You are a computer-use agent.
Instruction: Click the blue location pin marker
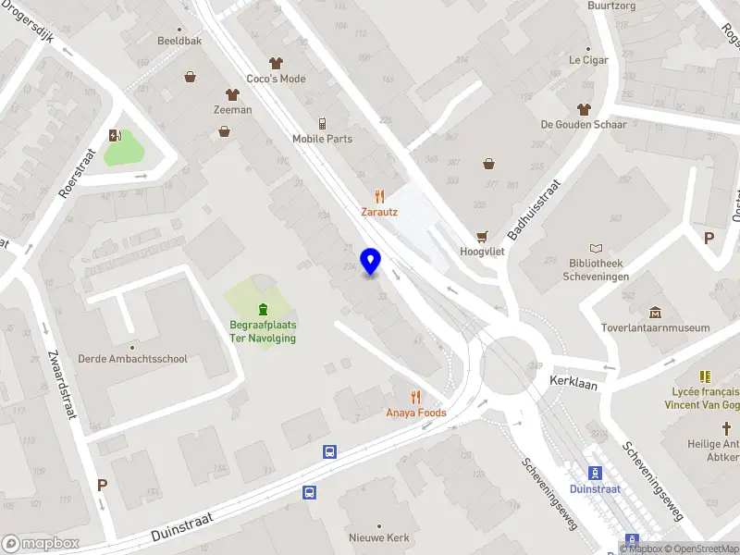pyautogui.click(x=370, y=261)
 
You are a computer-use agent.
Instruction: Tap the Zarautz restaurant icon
pyautogui.click(x=379, y=196)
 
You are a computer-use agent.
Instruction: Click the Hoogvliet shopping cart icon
pyautogui.click(x=481, y=237)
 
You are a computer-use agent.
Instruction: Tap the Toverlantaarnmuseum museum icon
pyautogui.click(x=655, y=312)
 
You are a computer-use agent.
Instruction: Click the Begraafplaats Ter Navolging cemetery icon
pyautogui.click(x=263, y=308)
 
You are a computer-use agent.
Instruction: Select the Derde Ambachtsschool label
pyautogui.click(x=132, y=359)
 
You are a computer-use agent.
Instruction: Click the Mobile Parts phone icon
pyautogui.click(x=323, y=124)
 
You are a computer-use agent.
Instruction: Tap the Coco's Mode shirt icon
pyautogui.click(x=276, y=63)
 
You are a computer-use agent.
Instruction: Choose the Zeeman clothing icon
pyautogui.click(x=232, y=94)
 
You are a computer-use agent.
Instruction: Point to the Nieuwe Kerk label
pyautogui.click(x=377, y=537)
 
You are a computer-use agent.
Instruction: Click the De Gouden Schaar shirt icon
pyautogui.click(x=585, y=108)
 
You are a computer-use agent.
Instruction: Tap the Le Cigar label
pyautogui.click(x=587, y=60)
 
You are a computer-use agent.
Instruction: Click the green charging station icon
pyautogui.click(x=115, y=136)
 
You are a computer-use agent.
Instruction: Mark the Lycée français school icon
pyautogui.click(x=705, y=376)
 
